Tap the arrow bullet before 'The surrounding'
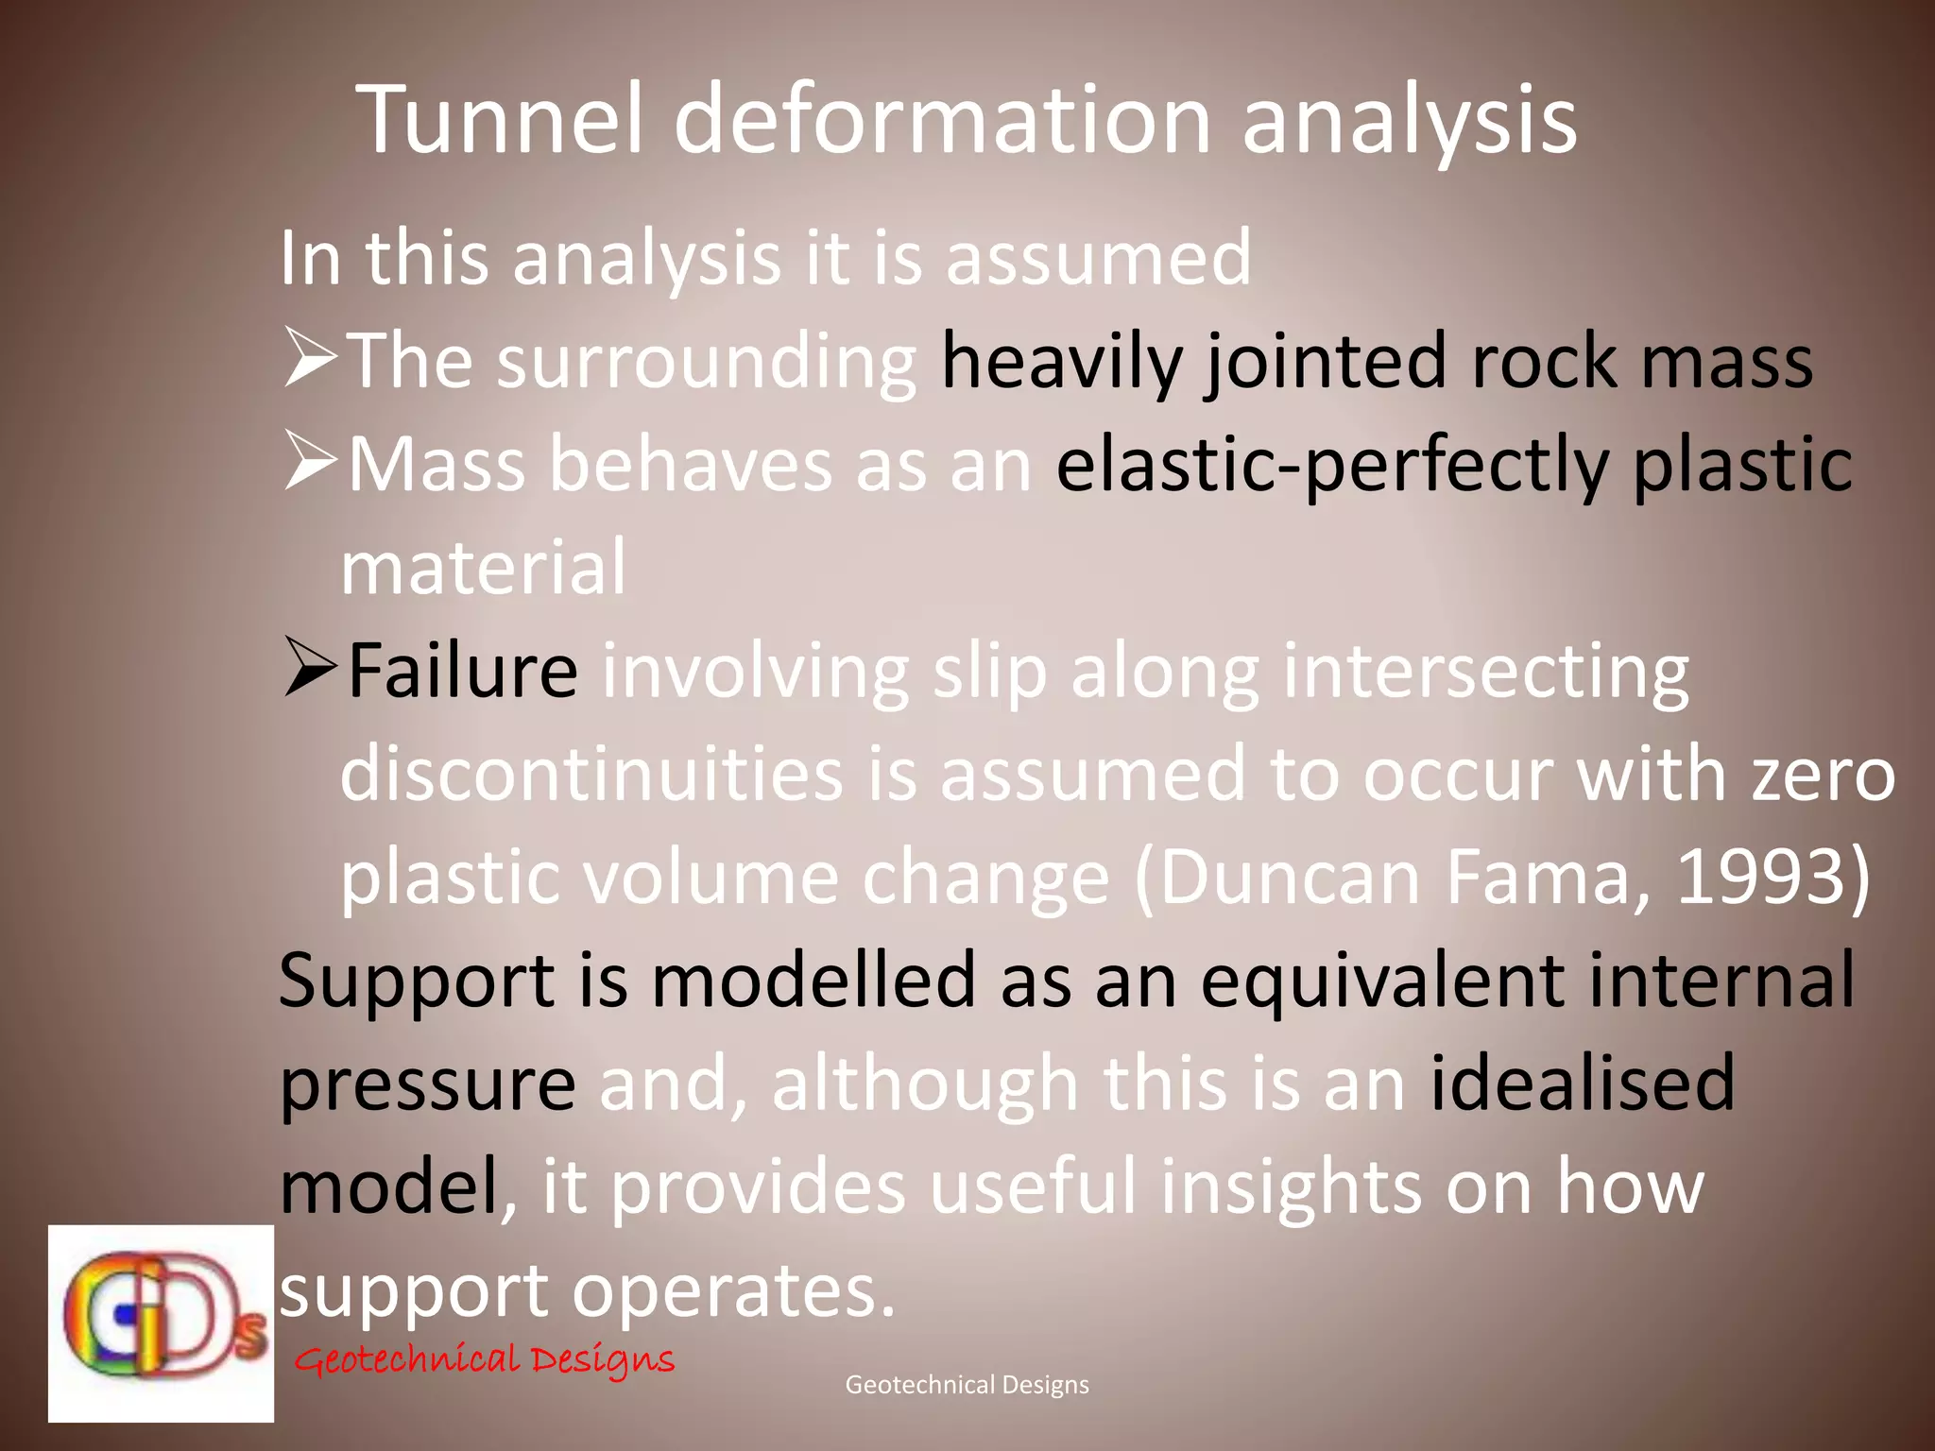(x=310, y=360)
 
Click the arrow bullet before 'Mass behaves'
(x=310, y=463)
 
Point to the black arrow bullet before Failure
(x=310, y=669)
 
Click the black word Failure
(x=463, y=671)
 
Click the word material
(x=483, y=568)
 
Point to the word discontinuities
(x=591, y=775)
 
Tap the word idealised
(x=1582, y=1084)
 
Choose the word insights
(x=1290, y=1188)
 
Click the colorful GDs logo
(x=161, y=1323)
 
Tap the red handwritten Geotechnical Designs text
(x=484, y=1360)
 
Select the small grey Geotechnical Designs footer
(x=967, y=1385)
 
